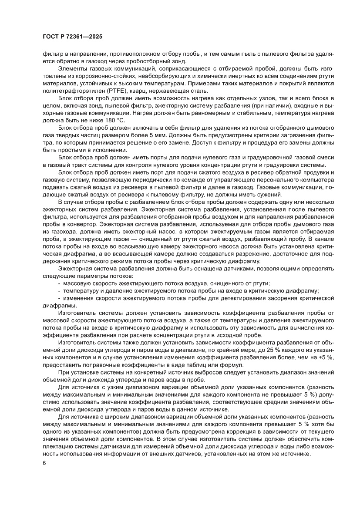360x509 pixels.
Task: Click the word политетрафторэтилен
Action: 69,91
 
